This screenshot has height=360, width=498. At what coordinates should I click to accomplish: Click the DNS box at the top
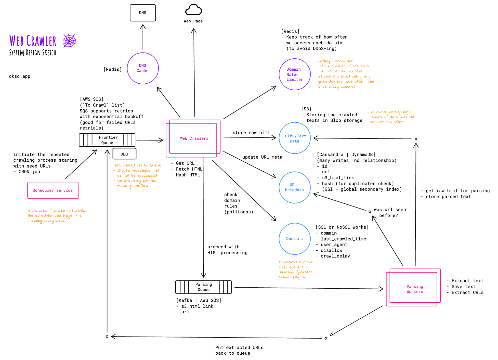pos(143,13)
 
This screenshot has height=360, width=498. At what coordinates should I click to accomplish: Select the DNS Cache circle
pos(143,68)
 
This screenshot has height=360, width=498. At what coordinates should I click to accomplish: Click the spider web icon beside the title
pos(70,41)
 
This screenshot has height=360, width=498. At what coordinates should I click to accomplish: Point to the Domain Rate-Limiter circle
pos(295,74)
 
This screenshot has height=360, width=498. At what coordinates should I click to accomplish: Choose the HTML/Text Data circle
pos(295,138)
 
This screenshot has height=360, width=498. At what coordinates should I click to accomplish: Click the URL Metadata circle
pos(295,187)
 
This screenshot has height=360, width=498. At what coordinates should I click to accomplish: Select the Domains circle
pos(295,239)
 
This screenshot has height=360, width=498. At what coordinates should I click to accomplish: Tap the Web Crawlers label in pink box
pos(194,138)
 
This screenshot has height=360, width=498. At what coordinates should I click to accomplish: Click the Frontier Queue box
pos(107,140)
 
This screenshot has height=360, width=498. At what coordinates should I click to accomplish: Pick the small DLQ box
pos(124,154)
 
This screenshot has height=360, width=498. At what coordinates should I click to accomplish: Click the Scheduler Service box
pos(53,190)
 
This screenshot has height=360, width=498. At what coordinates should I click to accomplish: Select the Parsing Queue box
pos(203,287)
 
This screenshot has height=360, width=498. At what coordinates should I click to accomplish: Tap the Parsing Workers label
pos(415,289)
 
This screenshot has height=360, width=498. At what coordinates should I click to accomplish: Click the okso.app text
pos(20,76)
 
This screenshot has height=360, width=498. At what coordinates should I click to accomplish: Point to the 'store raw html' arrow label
pos(251,133)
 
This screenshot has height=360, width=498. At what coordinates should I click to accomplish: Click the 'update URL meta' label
pos(262,157)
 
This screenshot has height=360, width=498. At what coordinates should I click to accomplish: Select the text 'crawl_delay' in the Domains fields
pos(335,256)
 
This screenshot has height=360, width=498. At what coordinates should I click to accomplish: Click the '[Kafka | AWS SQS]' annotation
pos(199,300)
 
